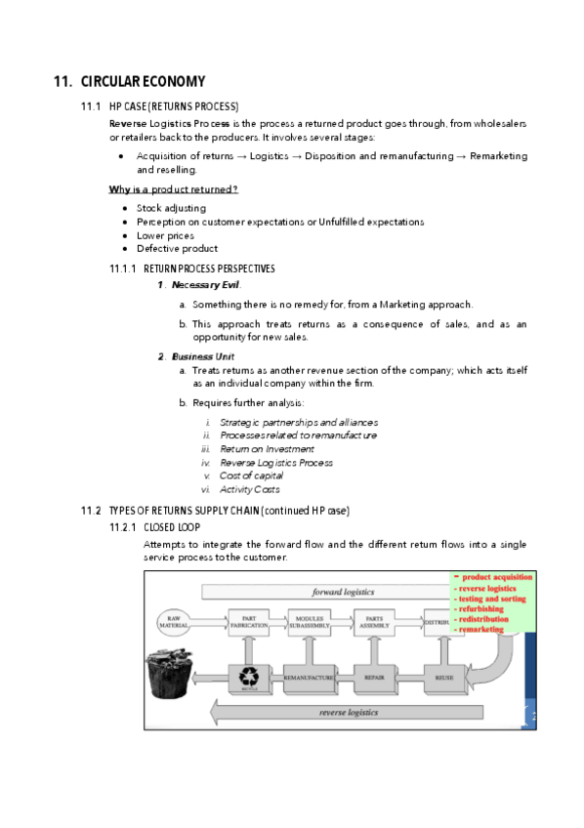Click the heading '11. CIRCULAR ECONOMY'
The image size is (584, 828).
tap(129, 81)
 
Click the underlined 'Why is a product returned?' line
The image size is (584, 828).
tap(173, 188)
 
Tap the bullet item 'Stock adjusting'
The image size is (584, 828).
tap(171, 208)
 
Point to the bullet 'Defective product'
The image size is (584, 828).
tap(177, 248)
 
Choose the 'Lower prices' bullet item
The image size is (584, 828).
tap(165, 235)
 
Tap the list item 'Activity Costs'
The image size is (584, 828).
tap(249, 489)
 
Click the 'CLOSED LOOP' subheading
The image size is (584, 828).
tap(172, 527)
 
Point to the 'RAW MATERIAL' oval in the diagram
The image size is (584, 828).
tap(178, 621)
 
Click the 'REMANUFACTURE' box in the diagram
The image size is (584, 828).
tap(309, 676)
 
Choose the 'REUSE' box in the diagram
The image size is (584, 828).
tap(444, 676)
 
